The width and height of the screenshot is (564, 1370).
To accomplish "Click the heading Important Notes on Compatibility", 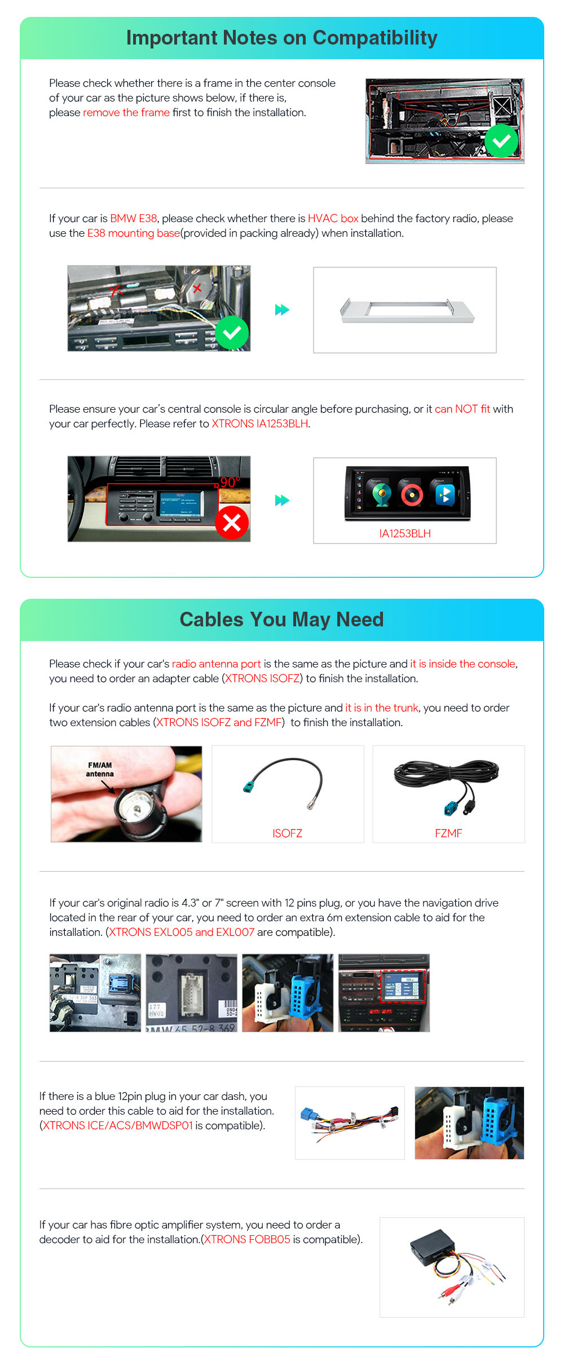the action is [281, 38].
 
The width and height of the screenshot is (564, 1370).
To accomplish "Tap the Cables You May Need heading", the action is [281, 620].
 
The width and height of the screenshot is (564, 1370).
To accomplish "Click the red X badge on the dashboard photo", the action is [232, 523].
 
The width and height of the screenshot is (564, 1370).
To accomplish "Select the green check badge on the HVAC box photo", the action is [232, 333].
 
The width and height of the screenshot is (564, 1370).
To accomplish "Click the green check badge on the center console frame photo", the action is [501, 141].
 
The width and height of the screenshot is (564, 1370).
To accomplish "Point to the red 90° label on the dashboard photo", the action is [230, 482].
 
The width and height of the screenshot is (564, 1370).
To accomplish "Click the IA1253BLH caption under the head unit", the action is [405, 533].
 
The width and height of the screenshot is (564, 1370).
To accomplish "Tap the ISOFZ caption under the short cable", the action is [287, 833].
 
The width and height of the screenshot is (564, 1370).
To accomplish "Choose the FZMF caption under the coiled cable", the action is [448, 833].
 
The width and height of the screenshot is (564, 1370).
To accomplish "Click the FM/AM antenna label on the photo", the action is [100, 770].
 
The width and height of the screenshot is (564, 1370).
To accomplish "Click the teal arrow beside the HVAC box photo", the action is [282, 310].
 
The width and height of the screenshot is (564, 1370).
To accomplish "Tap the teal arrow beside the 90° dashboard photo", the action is [282, 500].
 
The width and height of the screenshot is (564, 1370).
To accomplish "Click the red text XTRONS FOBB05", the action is [247, 1239].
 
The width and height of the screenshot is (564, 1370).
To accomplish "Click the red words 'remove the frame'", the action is [126, 112].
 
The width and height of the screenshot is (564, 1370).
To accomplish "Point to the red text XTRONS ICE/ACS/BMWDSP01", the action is [118, 1125].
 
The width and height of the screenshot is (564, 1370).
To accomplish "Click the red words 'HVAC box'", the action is [333, 218].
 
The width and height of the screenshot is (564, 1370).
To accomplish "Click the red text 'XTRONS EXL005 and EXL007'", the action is [182, 932].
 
